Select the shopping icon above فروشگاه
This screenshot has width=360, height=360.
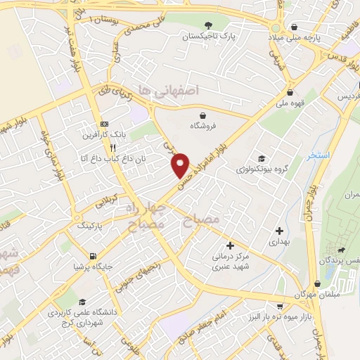tap(203, 115)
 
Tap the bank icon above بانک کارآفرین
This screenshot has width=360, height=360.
tap(104, 121)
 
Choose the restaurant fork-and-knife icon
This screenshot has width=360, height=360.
tap(112, 148)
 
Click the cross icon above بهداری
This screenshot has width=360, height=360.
tap(280, 230)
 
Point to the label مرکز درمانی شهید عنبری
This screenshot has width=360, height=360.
tap(231, 262)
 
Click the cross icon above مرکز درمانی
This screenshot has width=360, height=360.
tap(230, 245)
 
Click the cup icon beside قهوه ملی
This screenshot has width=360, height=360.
tap(289, 92)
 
